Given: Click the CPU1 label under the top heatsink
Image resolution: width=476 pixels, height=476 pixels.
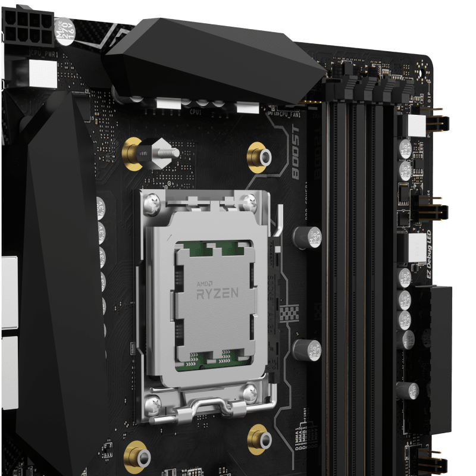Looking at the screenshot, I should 195,111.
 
